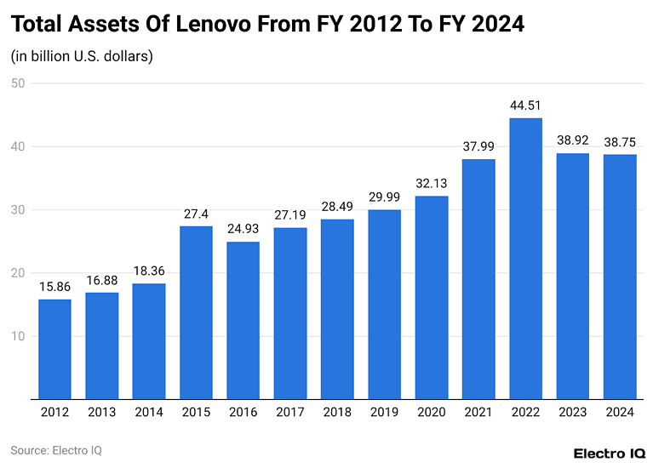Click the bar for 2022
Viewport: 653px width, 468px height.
[525, 259]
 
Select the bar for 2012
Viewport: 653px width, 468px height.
[54, 349]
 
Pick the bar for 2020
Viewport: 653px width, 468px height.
[432, 297]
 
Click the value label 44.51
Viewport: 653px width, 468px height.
[525, 106]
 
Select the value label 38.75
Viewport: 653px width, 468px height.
[620, 142]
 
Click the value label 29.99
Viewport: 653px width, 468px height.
[384, 197]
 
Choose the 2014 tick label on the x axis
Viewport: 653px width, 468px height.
[149, 413]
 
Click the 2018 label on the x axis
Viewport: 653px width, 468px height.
[337, 413]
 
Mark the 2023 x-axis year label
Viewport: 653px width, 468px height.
[572, 413]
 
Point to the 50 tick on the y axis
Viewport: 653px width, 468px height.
[18, 83]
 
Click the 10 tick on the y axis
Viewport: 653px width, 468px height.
[18, 336]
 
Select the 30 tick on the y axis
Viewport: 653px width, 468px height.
[18, 210]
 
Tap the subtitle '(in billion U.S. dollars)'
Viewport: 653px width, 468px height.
[82, 57]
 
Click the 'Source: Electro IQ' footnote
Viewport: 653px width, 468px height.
[56, 450]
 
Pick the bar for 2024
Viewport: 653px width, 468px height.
[620, 277]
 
